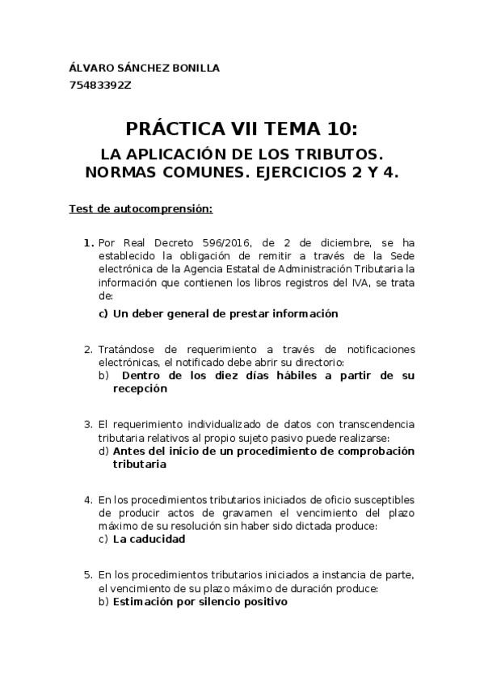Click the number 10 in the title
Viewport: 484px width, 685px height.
click(x=335, y=129)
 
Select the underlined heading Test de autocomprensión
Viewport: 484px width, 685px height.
click(x=140, y=209)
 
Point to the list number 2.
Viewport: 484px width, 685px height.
click(x=88, y=349)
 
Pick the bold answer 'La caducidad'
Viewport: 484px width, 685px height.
click(x=149, y=539)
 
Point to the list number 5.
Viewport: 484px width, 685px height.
click(x=88, y=575)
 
